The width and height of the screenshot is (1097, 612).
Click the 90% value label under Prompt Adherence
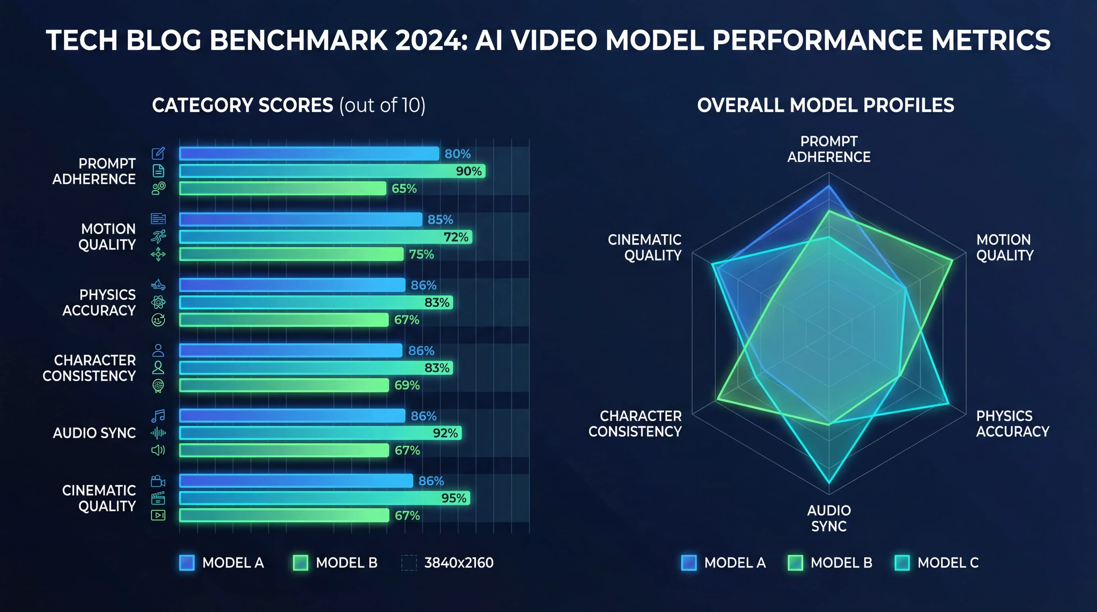click(x=468, y=171)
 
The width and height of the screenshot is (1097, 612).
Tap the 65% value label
click(x=404, y=188)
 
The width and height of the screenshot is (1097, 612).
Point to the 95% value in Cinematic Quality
click(x=454, y=498)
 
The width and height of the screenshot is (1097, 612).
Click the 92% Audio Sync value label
click(x=445, y=433)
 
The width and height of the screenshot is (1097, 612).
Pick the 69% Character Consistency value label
click(x=407, y=385)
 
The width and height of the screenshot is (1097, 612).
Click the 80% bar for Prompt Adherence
click(x=309, y=154)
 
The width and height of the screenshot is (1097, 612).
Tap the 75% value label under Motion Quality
click(x=421, y=255)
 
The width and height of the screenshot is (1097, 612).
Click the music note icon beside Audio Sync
click(x=158, y=416)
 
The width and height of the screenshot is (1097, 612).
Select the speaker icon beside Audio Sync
click(x=158, y=450)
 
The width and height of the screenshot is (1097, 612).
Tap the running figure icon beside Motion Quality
click(x=158, y=236)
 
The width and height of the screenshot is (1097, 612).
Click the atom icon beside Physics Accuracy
click(x=158, y=302)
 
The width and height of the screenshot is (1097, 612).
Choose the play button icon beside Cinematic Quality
click(x=158, y=516)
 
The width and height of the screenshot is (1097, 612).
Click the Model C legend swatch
click(x=902, y=563)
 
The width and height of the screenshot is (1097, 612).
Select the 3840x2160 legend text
click(x=459, y=563)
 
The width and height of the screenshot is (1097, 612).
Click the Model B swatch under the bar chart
click(x=301, y=563)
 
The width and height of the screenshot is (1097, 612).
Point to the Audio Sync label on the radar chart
click(x=829, y=518)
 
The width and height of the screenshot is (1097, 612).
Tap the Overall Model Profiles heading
click(x=825, y=105)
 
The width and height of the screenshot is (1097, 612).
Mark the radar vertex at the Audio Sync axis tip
click(x=829, y=483)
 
